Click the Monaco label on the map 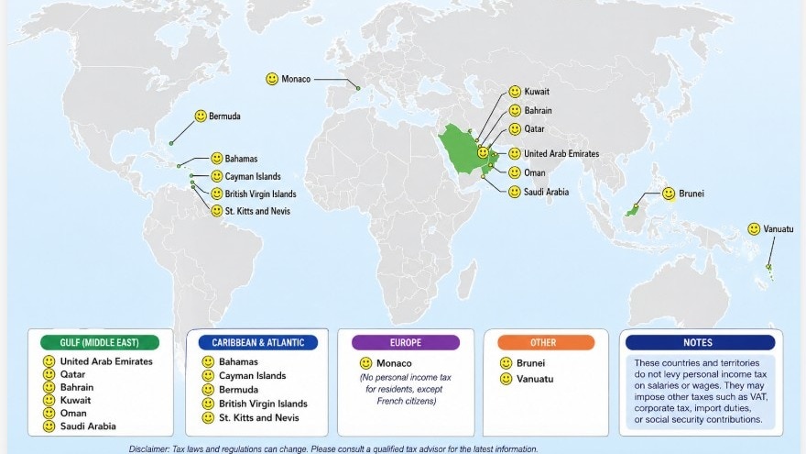(297, 80)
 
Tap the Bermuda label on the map (225, 116)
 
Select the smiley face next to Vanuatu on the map (753, 228)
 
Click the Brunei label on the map (690, 194)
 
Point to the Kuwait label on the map (538, 93)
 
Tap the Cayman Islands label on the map (253, 176)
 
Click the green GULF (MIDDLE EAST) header (100, 342)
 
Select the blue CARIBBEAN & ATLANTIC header (258, 342)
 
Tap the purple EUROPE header (406, 342)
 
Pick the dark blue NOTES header (699, 342)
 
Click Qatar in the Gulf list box (73, 374)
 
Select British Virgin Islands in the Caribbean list (263, 404)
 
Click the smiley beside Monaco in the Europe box (365, 363)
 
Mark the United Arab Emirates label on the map (561, 154)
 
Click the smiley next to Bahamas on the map (217, 159)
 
